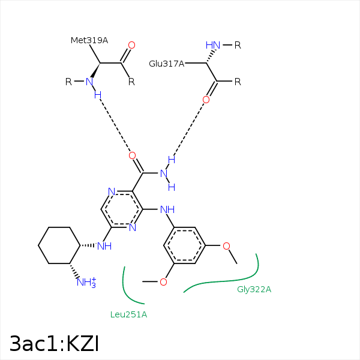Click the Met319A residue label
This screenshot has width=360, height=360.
coord(89,40)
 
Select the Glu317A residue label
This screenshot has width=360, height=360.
coord(166,64)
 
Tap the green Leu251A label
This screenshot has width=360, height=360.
coord(128,314)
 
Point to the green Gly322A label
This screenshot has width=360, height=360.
coord(254,290)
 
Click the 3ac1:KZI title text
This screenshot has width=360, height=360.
coord(54,343)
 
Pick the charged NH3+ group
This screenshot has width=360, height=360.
coord(86,283)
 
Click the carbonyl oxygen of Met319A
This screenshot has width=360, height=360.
coord(131,45)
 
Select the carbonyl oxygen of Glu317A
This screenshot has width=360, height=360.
coord(206,100)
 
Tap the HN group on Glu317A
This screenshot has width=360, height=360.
coord(213,45)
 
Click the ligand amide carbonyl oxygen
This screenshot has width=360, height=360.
coord(132,155)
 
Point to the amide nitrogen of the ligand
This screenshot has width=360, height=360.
coord(164,173)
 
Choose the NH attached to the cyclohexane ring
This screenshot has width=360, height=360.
coord(104,246)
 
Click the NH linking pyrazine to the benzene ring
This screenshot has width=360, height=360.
coord(167,209)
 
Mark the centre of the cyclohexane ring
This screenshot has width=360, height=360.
coord(59,245)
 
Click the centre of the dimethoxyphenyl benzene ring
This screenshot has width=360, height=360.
coord(185,245)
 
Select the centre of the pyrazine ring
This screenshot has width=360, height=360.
coord(122,209)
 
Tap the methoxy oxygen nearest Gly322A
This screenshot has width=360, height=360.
coord(226,246)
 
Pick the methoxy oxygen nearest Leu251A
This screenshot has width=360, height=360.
coord(163,282)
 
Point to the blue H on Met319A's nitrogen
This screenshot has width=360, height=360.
coord(98,95)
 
